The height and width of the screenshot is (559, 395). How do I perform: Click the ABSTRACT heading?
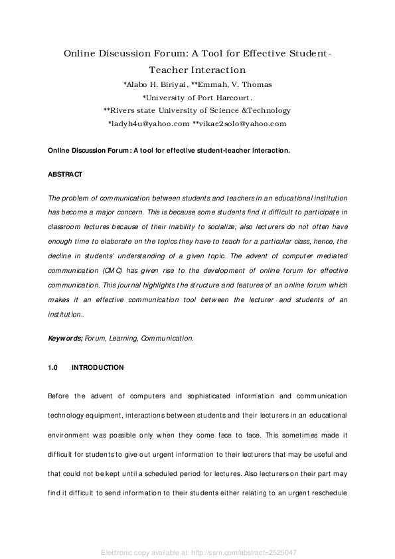pos(64,174)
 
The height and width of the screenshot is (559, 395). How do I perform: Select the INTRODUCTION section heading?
pos(97,367)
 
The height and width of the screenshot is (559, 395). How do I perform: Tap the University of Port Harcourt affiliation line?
pos(197,98)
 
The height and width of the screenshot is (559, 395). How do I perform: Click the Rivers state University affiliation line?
pos(197,110)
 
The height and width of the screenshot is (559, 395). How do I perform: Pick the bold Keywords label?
pos(65,338)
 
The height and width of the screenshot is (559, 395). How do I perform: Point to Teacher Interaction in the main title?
pos(197,69)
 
